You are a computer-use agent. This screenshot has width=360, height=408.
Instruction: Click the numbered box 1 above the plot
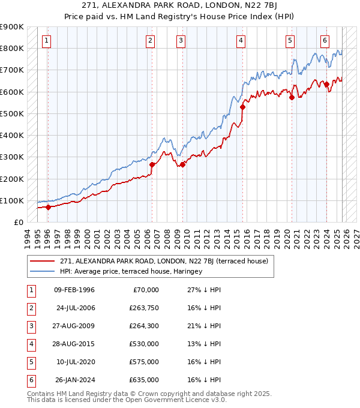coord(47,41)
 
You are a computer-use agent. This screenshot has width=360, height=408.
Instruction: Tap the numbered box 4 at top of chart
coord(241,41)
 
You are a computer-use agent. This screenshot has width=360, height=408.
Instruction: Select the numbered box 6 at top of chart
coord(325,41)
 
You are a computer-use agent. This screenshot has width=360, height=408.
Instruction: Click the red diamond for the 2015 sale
coord(242,107)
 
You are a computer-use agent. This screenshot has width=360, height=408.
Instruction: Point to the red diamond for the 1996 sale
coord(48,207)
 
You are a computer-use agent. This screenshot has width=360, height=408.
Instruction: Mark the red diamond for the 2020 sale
coord(292,97)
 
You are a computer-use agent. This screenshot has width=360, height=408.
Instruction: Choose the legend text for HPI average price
coord(131,271)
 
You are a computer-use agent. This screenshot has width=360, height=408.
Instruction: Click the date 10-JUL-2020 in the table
coord(75,362)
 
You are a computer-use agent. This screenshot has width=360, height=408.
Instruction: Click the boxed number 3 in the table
coord(30,326)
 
